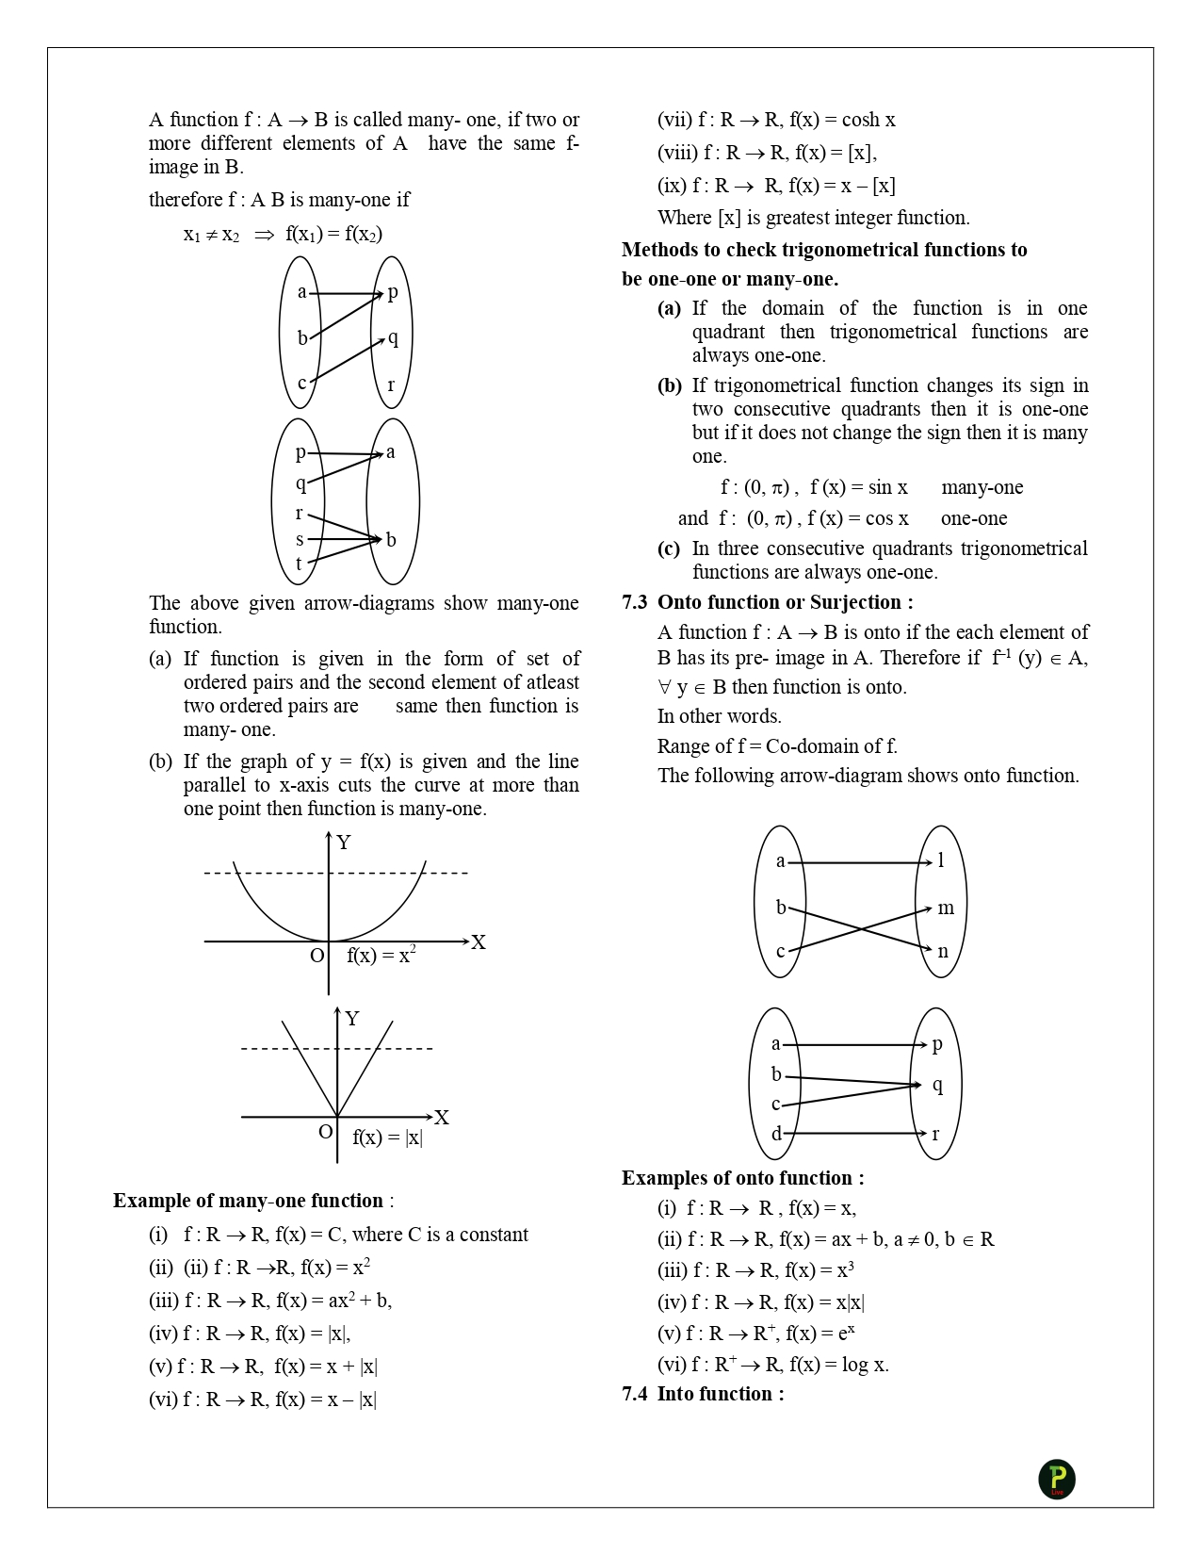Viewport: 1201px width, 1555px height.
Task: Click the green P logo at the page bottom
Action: tap(1057, 1479)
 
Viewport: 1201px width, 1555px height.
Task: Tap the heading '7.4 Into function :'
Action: tap(703, 1394)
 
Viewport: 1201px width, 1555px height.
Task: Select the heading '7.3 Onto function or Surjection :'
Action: tap(768, 602)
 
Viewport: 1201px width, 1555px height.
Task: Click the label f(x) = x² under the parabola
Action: tap(381, 955)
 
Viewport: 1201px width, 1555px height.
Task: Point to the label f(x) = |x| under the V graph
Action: tap(387, 1137)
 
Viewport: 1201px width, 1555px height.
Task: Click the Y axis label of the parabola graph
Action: tap(344, 843)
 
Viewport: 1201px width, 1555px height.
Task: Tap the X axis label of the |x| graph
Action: tap(441, 1118)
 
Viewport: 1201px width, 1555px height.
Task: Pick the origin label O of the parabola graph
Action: tap(316, 956)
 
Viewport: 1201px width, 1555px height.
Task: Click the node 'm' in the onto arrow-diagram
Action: tap(946, 908)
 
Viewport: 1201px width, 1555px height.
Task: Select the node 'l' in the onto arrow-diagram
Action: tap(940, 859)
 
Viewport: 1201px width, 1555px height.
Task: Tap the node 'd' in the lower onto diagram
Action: tap(776, 1134)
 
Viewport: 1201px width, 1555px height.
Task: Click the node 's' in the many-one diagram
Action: tap(300, 540)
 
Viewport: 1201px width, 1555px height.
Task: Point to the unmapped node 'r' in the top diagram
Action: tap(391, 385)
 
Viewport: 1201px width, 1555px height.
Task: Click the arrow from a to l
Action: tap(860, 862)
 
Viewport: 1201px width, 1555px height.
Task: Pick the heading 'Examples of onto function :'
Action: tap(742, 1178)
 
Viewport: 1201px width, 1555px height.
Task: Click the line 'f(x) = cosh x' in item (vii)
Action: tap(776, 120)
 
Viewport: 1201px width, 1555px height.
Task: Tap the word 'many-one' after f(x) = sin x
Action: tap(982, 487)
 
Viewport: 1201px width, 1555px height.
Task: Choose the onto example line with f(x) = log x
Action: tap(772, 1364)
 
